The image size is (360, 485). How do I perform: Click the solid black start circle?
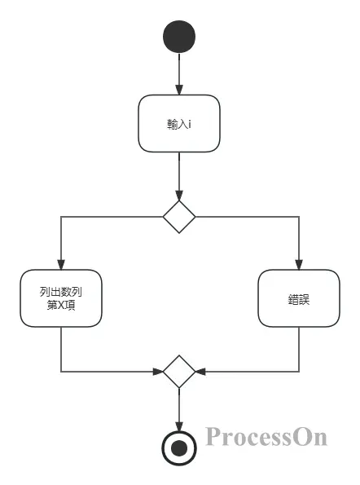[x=179, y=37]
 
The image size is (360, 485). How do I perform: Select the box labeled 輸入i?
[x=179, y=124]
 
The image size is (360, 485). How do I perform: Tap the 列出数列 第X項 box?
[x=61, y=298]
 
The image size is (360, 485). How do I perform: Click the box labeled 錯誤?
[x=299, y=298]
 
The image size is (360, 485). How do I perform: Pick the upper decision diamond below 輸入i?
[x=179, y=217]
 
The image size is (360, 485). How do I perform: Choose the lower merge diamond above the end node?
[x=179, y=372]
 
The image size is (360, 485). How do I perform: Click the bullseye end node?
[x=179, y=446]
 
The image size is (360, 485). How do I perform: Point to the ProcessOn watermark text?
[x=266, y=438]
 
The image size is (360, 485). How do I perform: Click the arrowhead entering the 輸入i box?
[x=179, y=89]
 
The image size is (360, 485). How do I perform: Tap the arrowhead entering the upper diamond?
[x=179, y=195]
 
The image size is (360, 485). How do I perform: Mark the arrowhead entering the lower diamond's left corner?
[x=157, y=372]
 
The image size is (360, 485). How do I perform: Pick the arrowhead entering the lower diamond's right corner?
[x=201, y=372]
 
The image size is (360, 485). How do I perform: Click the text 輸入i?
[x=179, y=125]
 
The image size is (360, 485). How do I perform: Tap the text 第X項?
[x=61, y=306]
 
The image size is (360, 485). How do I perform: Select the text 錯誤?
[x=299, y=299]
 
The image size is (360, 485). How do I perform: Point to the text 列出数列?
[x=61, y=291]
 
